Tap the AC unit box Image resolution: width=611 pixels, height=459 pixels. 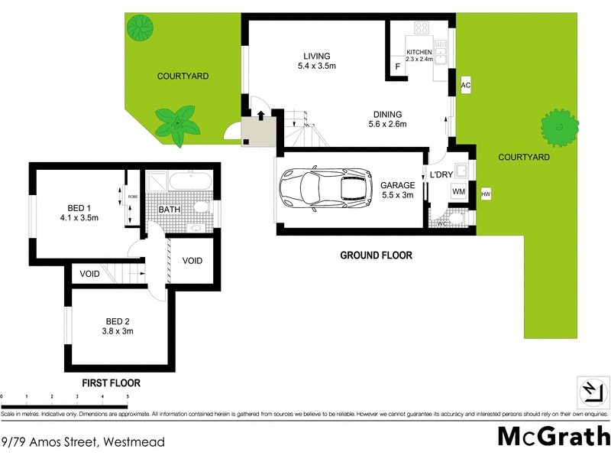click(x=465, y=86)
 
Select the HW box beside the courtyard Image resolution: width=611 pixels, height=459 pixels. click(x=486, y=195)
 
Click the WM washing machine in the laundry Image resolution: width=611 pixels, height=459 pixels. click(x=459, y=191)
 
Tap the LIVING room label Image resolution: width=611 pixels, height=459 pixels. click(x=316, y=56)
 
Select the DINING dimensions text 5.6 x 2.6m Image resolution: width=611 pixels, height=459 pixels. click(x=386, y=125)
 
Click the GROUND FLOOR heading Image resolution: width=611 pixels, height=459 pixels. click(x=376, y=256)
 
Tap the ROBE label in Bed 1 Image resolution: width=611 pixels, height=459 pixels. click(x=132, y=197)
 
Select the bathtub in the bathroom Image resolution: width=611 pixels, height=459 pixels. click(x=189, y=182)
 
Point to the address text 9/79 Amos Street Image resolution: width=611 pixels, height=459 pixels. click(x=82, y=441)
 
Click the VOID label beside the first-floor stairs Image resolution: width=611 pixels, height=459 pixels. click(x=90, y=273)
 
